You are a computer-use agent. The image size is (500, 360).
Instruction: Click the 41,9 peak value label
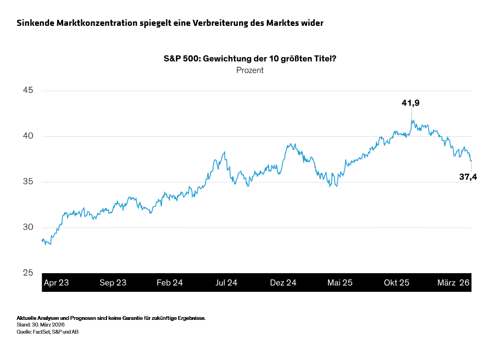[x=411, y=103]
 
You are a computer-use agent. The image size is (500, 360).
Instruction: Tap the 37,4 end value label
[x=468, y=176]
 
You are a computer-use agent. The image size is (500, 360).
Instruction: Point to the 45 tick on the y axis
[x=26, y=90]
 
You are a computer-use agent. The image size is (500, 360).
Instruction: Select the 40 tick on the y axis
[x=26, y=136]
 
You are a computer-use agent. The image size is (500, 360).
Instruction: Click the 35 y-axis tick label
[x=26, y=181]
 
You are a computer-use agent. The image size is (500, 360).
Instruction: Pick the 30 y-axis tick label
[x=26, y=227]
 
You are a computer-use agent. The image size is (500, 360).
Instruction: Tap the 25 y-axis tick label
[x=26, y=273]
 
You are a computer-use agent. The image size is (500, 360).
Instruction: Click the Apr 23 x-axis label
[x=56, y=283]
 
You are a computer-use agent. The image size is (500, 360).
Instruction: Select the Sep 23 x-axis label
[x=113, y=283]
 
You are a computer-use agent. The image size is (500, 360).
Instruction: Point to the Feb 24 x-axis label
[x=170, y=283]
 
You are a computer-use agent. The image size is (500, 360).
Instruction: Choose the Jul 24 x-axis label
[x=226, y=283]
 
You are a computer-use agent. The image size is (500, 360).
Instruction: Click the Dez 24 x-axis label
[x=283, y=283]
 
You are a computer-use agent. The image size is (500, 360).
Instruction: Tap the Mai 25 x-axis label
[x=340, y=283]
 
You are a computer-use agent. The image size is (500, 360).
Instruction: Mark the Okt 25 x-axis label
[x=397, y=283]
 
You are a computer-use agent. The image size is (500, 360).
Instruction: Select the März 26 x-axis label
[x=453, y=283]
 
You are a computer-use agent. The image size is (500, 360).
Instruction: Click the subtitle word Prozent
[x=250, y=70]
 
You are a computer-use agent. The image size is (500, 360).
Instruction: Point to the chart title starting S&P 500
[x=250, y=58]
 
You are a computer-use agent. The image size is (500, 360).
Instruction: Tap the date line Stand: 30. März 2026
[x=41, y=325]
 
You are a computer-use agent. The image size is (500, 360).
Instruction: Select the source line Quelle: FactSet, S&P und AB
[x=47, y=331]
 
